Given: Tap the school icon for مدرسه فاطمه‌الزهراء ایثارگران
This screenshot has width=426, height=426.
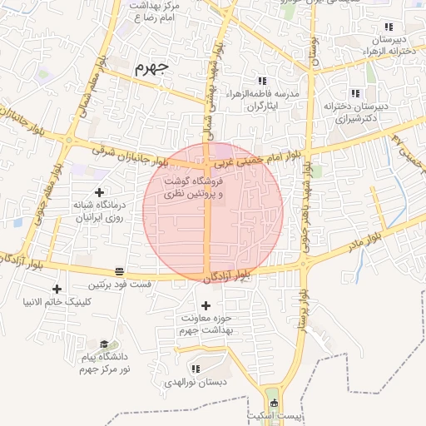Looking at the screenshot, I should click(263, 82).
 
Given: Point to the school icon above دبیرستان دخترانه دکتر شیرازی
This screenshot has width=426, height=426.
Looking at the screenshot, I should click(356, 93).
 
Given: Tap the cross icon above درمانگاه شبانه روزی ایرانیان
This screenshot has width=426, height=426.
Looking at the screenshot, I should click(99, 192).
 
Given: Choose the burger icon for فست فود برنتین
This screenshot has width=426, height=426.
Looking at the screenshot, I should click(120, 271).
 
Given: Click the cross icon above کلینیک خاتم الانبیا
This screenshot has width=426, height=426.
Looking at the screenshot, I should click(57, 288).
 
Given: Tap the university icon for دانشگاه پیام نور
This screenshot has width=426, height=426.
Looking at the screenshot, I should click(104, 344).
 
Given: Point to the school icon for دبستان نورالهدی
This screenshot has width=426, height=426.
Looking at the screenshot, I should click(196, 369).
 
